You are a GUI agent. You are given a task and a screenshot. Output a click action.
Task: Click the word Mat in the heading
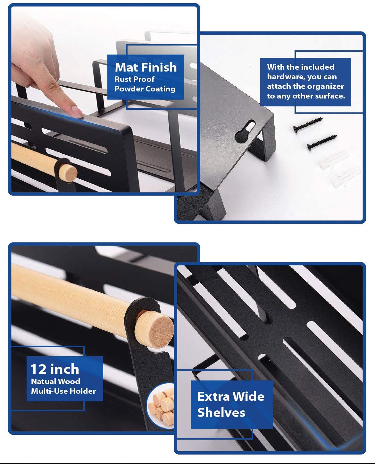(126, 67)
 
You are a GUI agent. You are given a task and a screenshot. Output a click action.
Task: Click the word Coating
(160, 89)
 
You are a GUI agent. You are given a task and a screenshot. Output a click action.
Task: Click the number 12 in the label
(38, 369)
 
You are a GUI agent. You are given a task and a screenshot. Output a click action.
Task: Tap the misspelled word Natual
(43, 382)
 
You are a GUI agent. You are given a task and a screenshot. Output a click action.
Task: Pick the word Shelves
(221, 413)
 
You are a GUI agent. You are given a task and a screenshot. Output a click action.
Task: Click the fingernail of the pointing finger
(77, 112)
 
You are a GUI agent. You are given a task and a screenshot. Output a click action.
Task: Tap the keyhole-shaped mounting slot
(245, 131)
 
